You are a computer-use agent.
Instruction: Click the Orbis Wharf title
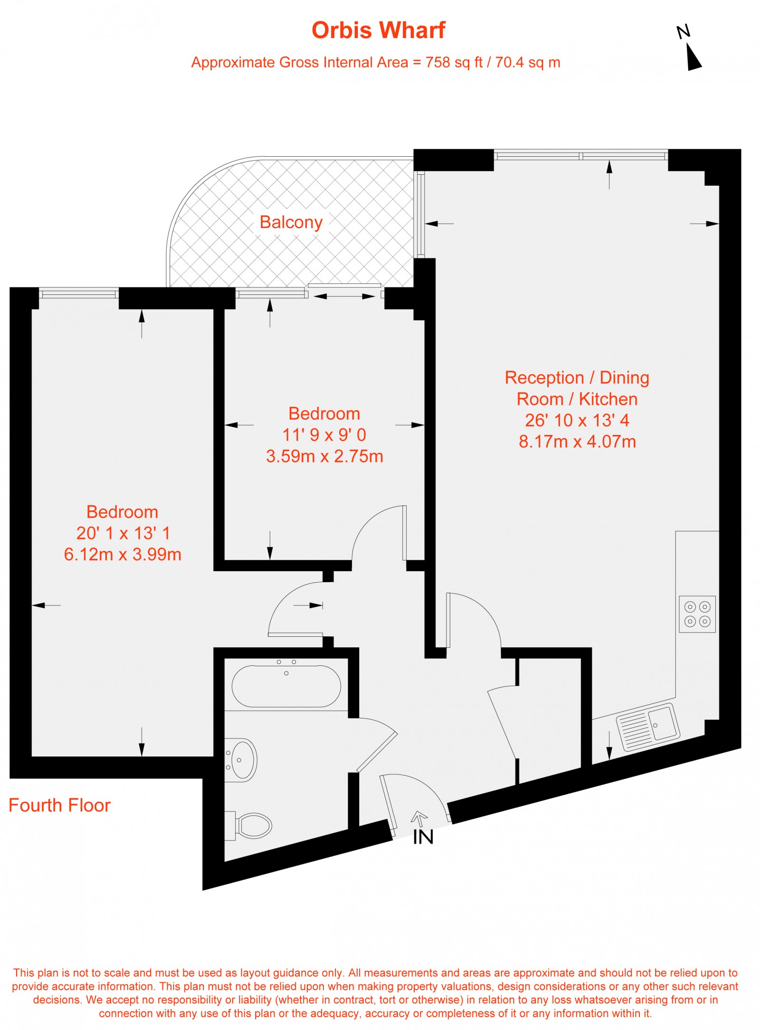tap(378, 30)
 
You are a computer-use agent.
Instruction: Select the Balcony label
tap(291, 222)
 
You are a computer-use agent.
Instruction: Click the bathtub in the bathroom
tap(286, 687)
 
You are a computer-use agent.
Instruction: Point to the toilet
tap(253, 826)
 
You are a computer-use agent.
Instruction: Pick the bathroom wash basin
tap(242, 760)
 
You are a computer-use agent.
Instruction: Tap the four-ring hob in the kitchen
tap(697, 614)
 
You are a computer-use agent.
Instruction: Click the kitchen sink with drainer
tap(648, 727)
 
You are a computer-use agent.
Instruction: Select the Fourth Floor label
tap(59, 805)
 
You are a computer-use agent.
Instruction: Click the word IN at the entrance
tap(423, 837)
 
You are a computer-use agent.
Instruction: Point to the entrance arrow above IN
tap(419, 818)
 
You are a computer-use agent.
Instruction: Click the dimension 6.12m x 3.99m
tap(123, 554)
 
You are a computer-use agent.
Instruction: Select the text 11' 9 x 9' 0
tap(324, 435)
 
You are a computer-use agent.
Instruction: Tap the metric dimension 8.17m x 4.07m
tap(577, 442)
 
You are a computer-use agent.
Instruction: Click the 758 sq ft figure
tap(454, 62)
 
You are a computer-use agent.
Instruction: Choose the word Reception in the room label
tap(544, 378)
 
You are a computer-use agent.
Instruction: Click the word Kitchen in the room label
tap(608, 399)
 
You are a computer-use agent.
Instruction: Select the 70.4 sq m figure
tap(527, 62)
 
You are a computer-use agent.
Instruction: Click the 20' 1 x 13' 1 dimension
tap(123, 533)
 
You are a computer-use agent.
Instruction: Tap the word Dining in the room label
tap(624, 378)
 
